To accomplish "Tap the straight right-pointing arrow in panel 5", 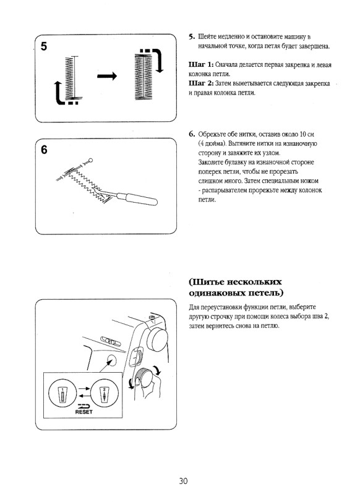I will pyautogui.click(x=106, y=75).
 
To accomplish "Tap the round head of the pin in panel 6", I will pyautogui.click(x=91, y=161).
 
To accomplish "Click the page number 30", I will pyautogui.click(x=184, y=481).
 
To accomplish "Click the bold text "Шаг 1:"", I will pyautogui.click(x=201, y=65).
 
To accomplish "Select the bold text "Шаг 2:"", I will pyautogui.click(x=201, y=83).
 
